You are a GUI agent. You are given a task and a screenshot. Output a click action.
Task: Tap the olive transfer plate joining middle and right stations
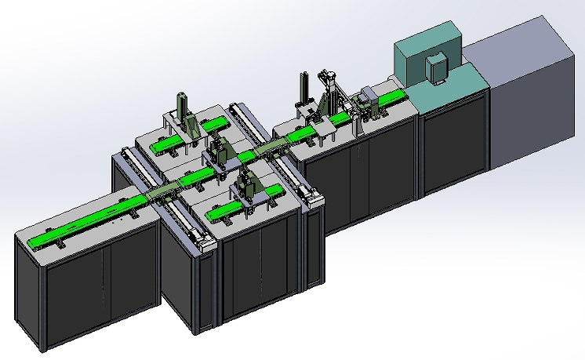tap(271, 147)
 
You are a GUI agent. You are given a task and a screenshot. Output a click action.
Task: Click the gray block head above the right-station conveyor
tap(366, 99)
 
